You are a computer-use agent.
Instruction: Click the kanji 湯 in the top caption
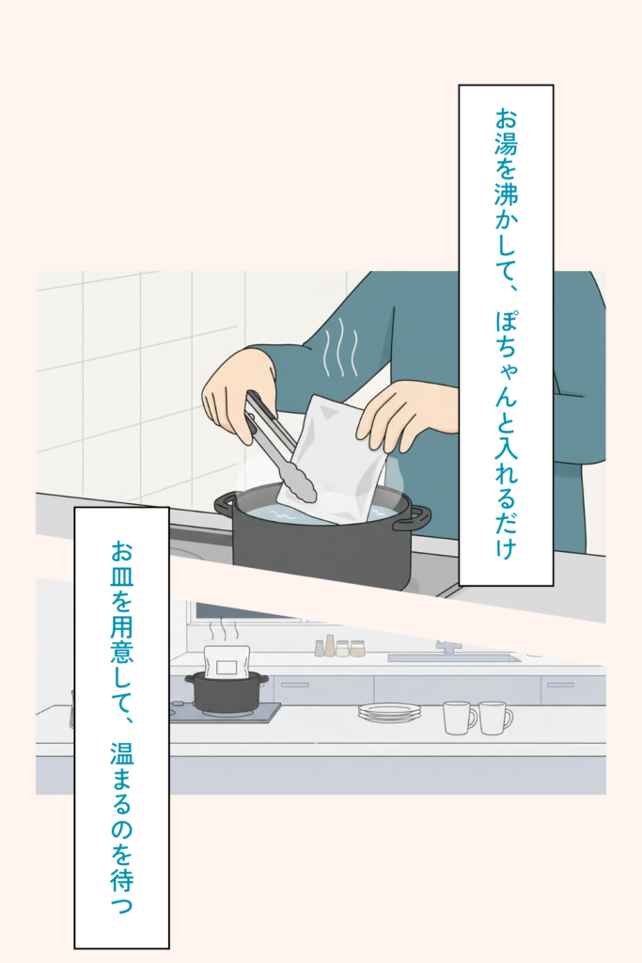506,143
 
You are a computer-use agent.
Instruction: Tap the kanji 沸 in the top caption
506,193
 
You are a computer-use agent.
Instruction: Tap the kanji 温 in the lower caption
121,753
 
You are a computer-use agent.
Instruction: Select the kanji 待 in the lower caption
121,879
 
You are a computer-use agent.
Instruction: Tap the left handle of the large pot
225,505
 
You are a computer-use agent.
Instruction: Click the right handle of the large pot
413,518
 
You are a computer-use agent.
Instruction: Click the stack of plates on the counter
390,713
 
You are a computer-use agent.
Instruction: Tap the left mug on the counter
460,718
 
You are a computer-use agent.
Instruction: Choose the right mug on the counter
495,718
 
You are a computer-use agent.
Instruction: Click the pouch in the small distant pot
227,661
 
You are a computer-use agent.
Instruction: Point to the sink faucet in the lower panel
447,646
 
